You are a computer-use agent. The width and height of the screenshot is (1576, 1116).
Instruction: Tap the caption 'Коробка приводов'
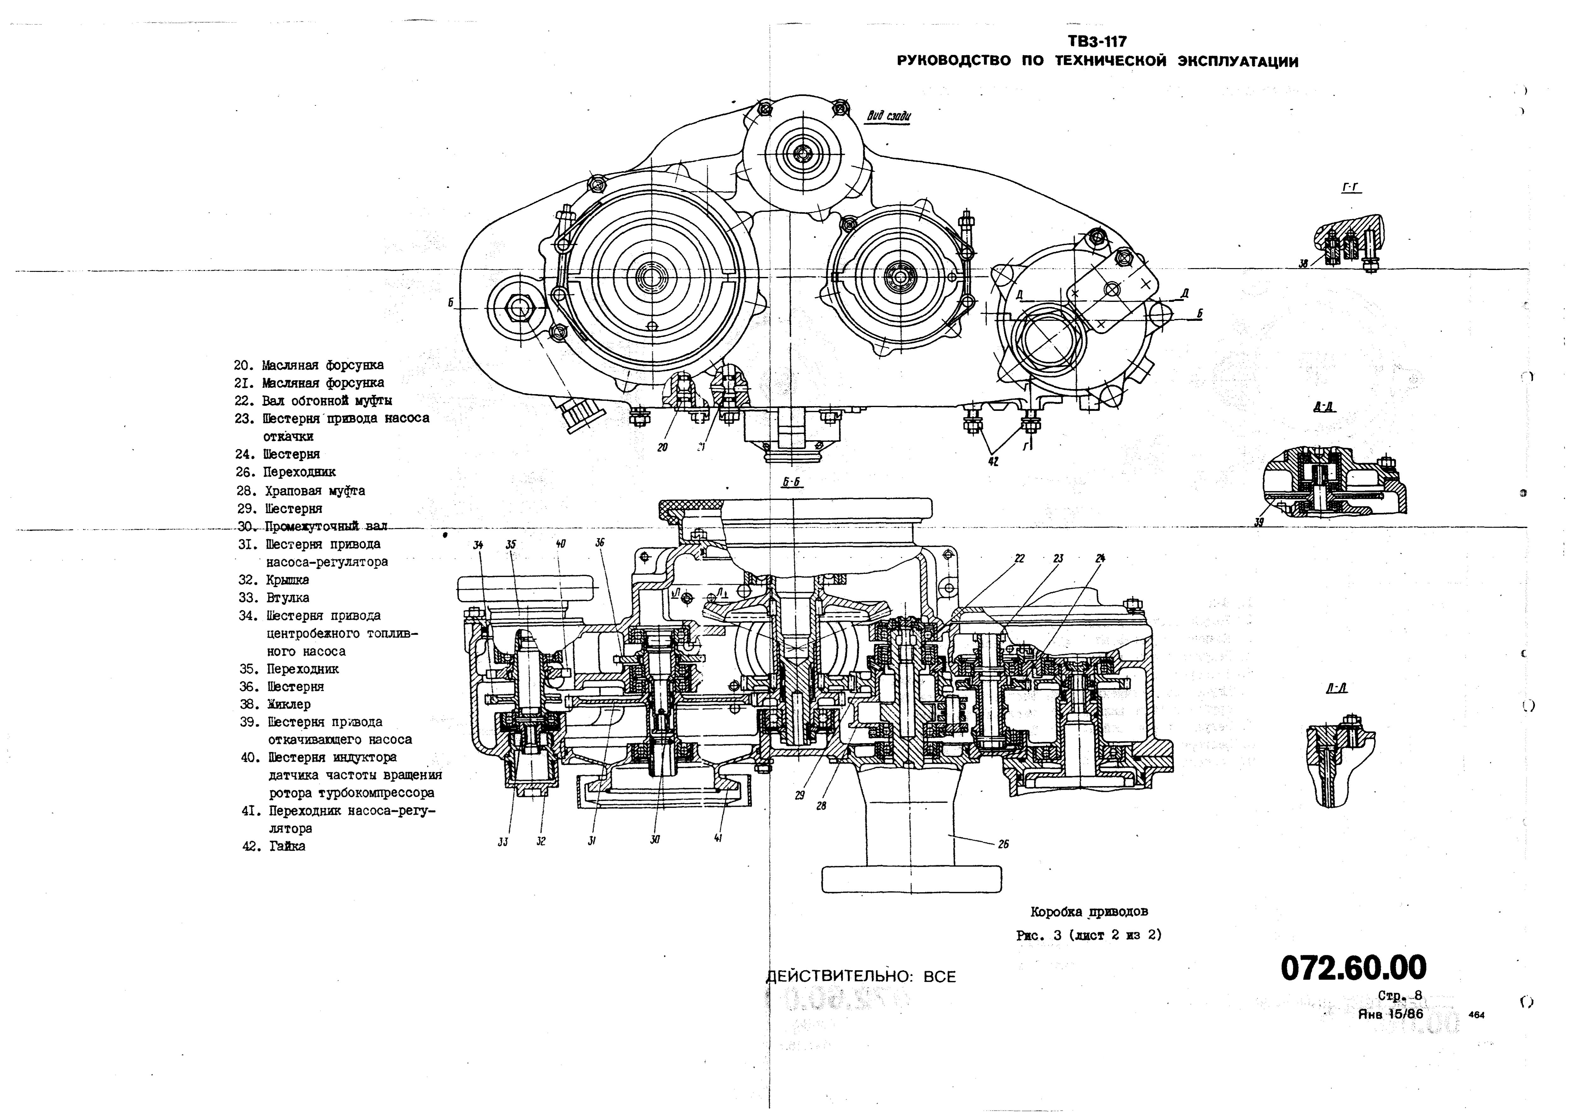click(x=1089, y=912)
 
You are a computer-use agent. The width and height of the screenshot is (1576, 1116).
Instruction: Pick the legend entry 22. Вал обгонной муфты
click(x=313, y=401)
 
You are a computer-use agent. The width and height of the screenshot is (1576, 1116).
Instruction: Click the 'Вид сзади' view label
click(x=888, y=116)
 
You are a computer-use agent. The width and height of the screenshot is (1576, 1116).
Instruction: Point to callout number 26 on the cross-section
click(x=1003, y=844)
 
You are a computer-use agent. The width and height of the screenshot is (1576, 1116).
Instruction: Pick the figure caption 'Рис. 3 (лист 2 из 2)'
click(x=1089, y=935)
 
